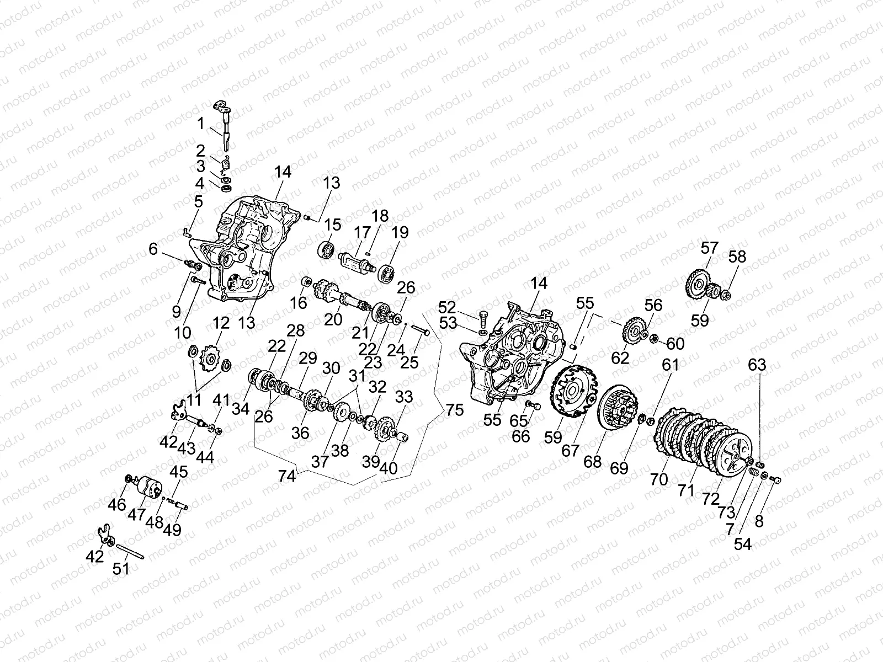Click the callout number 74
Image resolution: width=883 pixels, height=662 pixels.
tap(287, 476)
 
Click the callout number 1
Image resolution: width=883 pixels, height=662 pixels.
tap(201, 123)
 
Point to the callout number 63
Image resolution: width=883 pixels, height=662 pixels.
tap(758, 365)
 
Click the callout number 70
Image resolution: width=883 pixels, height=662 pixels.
tap(659, 478)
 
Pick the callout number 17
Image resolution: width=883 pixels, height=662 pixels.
tap(363, 232)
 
